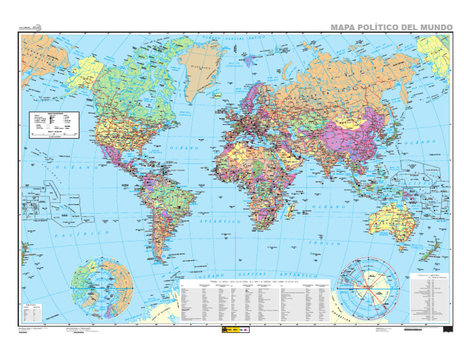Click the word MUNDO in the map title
pyautogui.click(x=430, y=27)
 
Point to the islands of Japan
pyautogui.click(x=395, y=138)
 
